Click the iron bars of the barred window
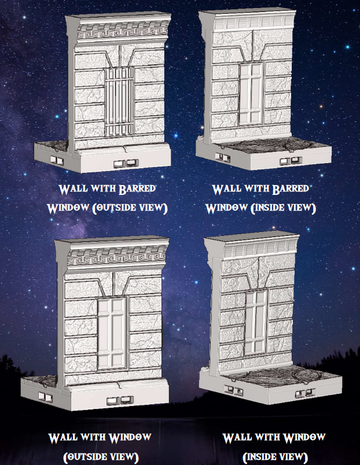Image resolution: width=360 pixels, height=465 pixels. click(x=119, y=101)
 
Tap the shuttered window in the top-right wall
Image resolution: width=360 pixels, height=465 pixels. click(x=251, y=94)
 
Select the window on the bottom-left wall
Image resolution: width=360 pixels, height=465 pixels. click(x=112, y=333)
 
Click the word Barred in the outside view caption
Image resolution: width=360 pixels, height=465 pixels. click(x=137, y=189)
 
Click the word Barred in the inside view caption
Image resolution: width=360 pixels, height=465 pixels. click(x=291, y=189)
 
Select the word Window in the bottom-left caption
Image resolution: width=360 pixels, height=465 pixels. click(x=130, y=438)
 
